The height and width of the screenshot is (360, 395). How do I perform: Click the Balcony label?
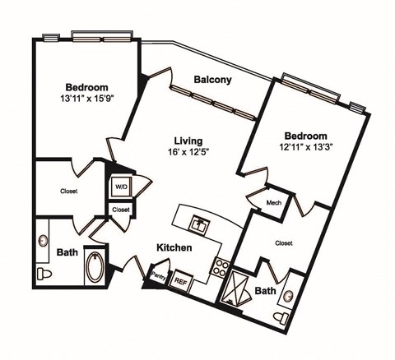[x=211, y=80]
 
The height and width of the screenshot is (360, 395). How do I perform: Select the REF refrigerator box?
[x=181, y=280]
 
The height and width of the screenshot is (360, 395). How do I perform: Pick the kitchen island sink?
[x=198, y=222]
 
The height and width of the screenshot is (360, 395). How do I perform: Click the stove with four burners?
[x=221, y=266]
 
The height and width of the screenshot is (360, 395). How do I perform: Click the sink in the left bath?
[x=43, y=242]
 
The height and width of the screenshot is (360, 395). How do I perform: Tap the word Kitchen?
[x=175, y=247]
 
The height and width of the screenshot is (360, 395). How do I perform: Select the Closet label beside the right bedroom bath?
[x=285, y=242]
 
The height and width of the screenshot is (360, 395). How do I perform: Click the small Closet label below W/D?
[x=121, y=210]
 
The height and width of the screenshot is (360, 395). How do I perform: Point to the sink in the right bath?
[x=290, y=294]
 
